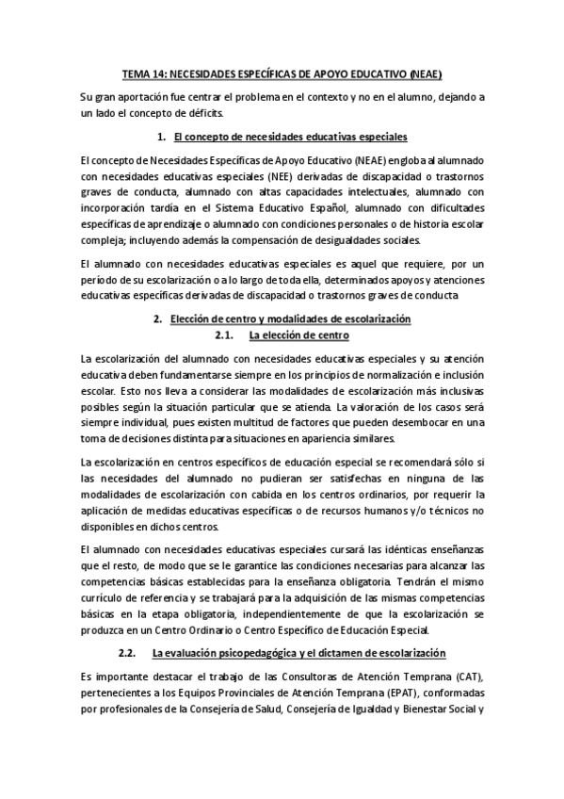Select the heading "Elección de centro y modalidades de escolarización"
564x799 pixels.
[x=292, y=319]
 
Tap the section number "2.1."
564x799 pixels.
[x=225, y=334]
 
